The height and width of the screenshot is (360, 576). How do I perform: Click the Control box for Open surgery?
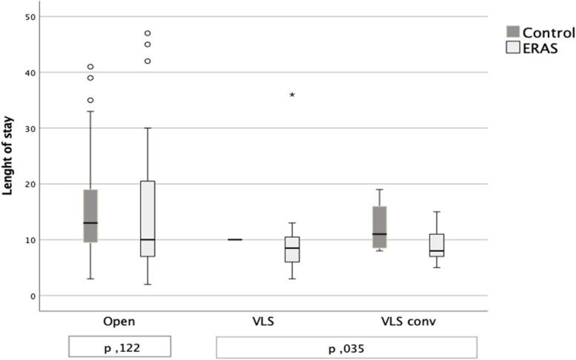pos(90,216)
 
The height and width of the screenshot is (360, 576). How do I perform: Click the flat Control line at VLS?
pos(235,240)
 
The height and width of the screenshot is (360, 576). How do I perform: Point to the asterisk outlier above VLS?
pos(292,96)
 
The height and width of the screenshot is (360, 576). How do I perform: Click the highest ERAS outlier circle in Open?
pos(147,33)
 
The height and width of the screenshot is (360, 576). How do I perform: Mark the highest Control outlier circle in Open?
pos(90,67)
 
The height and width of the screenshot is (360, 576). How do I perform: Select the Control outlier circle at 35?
pos(90,100)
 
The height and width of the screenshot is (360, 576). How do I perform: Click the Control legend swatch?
pos(512,32)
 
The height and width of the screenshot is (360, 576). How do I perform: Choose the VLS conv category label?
pos(407,323)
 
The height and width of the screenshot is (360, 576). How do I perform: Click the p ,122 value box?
pos(119,347)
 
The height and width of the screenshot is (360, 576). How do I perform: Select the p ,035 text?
pos(346,347)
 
